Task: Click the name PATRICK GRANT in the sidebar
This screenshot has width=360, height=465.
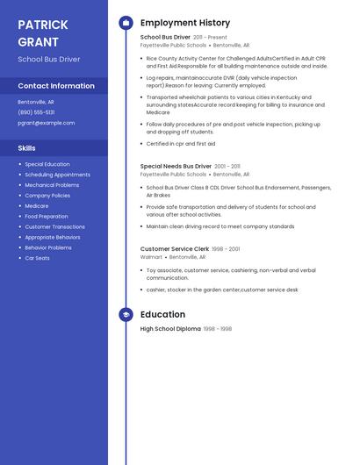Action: point(42,33)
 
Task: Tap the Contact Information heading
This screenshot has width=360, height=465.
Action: point(56,86)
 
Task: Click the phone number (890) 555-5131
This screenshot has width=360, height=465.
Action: point(36,112)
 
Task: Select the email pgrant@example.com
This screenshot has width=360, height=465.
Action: point(46,123)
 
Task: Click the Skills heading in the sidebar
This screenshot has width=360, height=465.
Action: point(26,148)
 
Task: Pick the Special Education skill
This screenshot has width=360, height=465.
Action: point(47,164)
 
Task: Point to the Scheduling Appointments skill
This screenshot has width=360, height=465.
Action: point(57,175)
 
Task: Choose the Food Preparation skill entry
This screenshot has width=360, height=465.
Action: point(47,216)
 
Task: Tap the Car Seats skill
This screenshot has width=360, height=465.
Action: point(37,258)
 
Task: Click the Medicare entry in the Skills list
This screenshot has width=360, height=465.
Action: point(37,205)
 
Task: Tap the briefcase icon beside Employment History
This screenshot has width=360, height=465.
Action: point(126,23)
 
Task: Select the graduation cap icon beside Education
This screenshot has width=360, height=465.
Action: point(126,314)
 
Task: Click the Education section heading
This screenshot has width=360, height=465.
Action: point(162,314)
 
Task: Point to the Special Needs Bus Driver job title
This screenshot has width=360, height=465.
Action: point(176,166)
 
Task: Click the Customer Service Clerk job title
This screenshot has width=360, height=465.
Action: point(175,249)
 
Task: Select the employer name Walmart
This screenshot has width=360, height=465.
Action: point(151,257)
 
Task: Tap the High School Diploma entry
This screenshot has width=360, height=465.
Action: point(170,329)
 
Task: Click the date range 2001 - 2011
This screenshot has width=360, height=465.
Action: point(227,166)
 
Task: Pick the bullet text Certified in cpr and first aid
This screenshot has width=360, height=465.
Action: point(181,144)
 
